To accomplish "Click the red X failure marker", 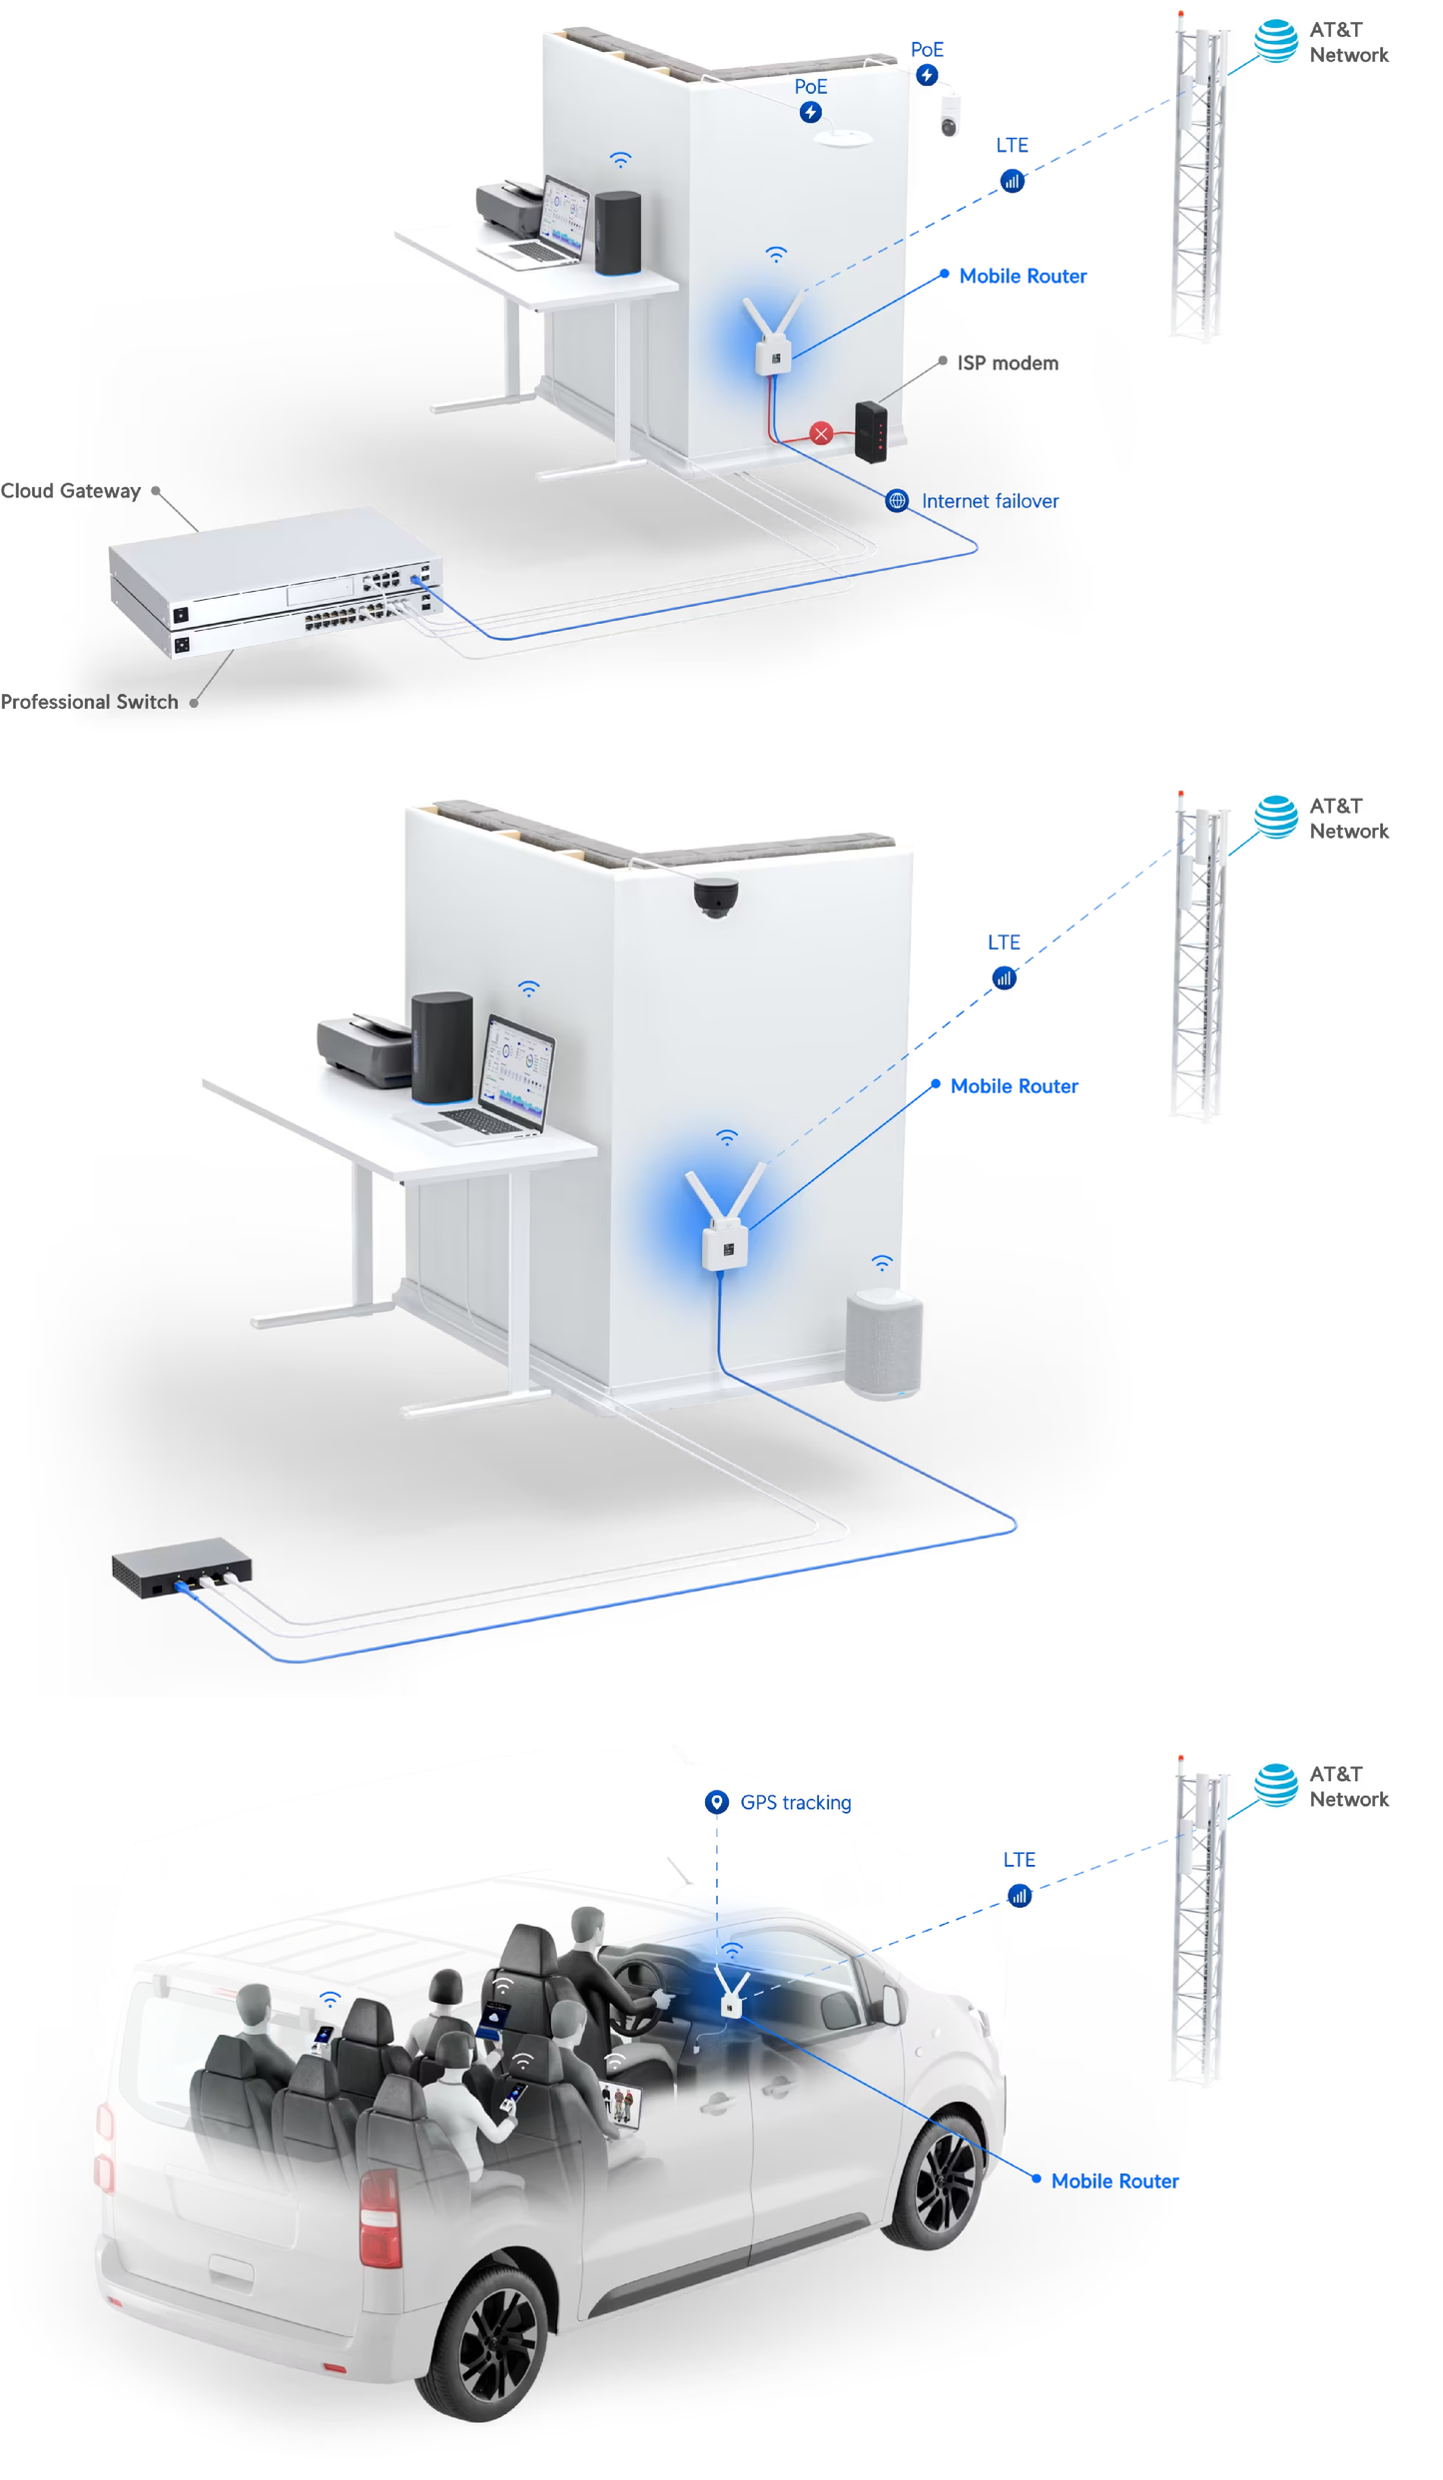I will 821,433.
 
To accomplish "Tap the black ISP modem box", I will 871,432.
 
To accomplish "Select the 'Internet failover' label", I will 989,501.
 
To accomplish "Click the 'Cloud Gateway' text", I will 71,491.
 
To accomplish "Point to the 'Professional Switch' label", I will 90,702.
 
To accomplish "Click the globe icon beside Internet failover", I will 897,501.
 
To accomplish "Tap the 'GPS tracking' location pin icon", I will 716,1802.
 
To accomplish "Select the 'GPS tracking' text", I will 795,1803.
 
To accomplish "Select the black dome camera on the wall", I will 716,897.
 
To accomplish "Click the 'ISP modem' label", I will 1007,363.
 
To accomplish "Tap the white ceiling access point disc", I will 842,138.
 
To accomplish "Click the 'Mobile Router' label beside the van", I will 1114,2181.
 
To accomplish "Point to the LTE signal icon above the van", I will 1019,1896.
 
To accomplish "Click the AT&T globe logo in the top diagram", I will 1275,42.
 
